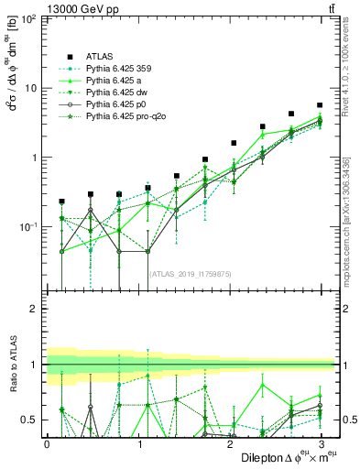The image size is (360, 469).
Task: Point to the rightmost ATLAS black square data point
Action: click(x=319, y=105)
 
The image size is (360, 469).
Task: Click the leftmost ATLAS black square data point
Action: click(x=61, y=201)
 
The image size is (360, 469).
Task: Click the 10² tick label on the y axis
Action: click(x=28, y=19)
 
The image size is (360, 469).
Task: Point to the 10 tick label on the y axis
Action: click(x=30, y=88)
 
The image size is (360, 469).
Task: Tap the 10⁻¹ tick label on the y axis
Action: click(x=28, y=226)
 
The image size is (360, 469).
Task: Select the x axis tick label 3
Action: click(x=319, y=444)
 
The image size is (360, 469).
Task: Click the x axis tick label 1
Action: click(x=137, y=444)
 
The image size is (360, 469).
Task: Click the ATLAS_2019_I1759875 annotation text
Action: click(x=190, y=273)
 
